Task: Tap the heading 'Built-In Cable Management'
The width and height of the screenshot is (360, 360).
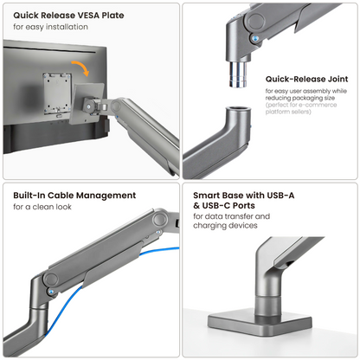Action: tap(74, 196)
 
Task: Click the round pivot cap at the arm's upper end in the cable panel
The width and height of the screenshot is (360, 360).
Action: tap(158, 220)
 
